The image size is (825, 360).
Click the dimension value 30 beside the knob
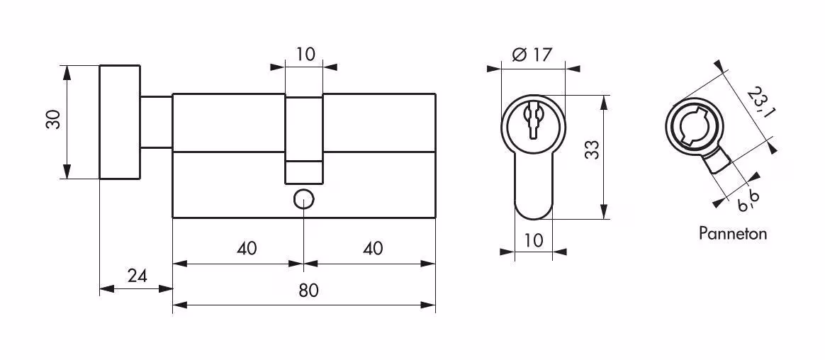(54, 120)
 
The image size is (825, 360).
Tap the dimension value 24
(137, 275)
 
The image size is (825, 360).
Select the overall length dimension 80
(308, 291)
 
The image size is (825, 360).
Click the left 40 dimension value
(246, 248)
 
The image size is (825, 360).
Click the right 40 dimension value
(373, 248)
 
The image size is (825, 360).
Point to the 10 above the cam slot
(305, 54)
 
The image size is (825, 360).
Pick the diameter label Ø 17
(532, 54)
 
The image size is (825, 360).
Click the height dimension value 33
(593, 150)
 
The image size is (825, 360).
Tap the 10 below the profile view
(533, 240)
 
